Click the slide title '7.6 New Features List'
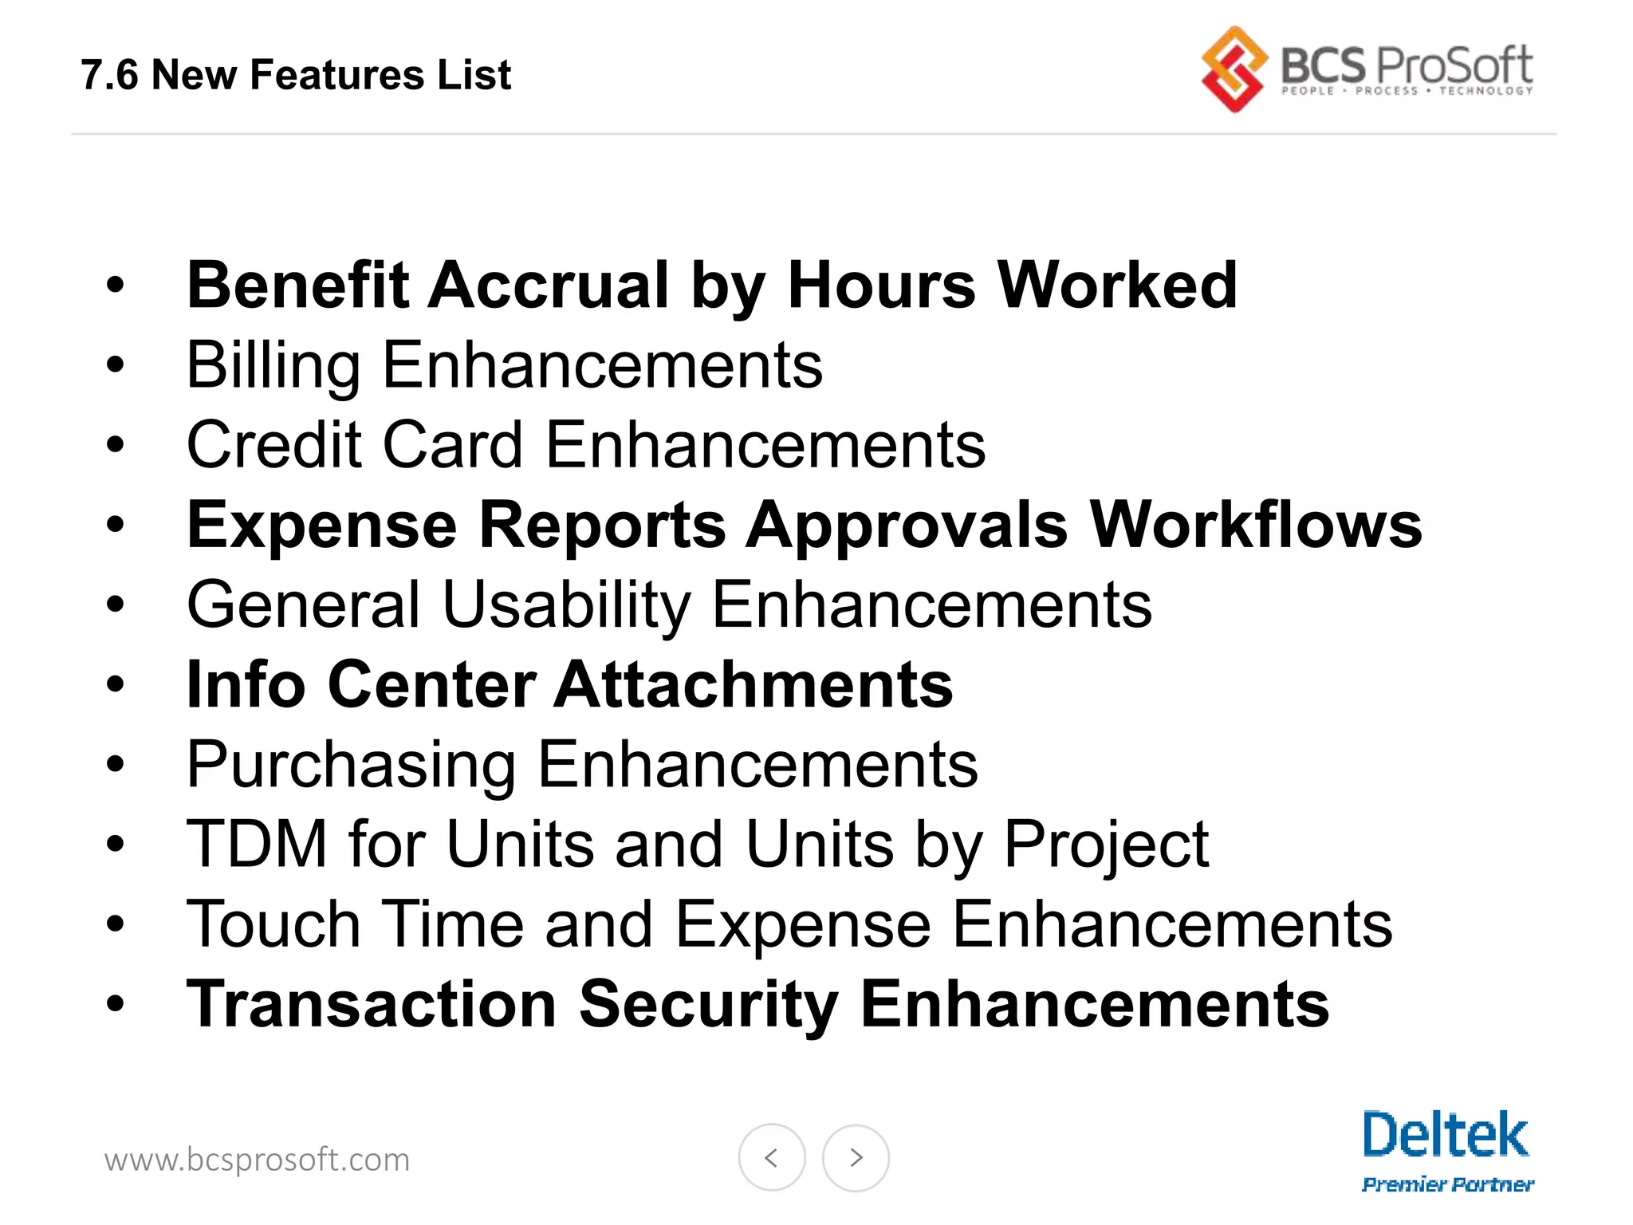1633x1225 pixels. click(x=295, y=76)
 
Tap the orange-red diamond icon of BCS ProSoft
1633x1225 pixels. click(x=1234, y=69)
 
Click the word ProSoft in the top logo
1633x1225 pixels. click(x=1454, y=65)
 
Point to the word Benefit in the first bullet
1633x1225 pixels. click(x=297, y=285)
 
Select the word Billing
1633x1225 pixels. click(x=273, y=365)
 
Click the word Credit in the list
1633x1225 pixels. click(x=274, y=444)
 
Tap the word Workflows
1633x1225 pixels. click(x=1256, y=525)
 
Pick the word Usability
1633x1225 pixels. click(x=566, y=605)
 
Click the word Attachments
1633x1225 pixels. click(x=754, y=684)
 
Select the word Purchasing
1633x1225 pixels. click(x=351, y=765)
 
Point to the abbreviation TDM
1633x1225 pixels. click(x=257, y=844)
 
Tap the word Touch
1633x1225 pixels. click(x=273, y=924)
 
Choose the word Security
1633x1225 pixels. click(x=709, y=1005)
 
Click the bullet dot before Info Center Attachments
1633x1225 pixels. click(x=116, y=684)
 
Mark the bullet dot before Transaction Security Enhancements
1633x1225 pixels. click(x=116, y=1004)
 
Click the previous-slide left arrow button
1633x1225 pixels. click(x=771, y=1157)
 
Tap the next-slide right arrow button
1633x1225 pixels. click(x=856, y=1157)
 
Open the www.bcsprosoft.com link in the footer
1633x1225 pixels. click(x=257, y=1160)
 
